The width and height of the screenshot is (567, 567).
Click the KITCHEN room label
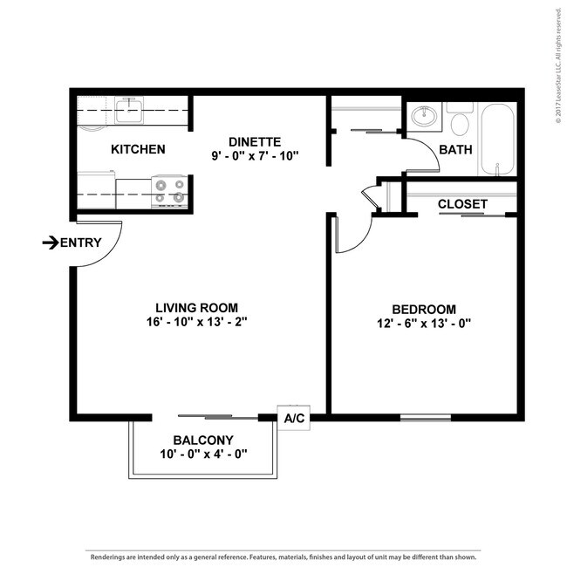[x=138, y=149]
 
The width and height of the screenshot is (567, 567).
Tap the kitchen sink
[x=128, y=110]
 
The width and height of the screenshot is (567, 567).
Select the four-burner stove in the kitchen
[x=169, y=192]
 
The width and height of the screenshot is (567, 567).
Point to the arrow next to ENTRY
[x=51, y=243]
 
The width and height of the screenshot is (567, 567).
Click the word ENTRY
[x=81, y=243]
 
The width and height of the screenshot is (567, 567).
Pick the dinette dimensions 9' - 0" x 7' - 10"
[x=255, y=156]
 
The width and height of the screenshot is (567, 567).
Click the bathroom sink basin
[x=424, y=116]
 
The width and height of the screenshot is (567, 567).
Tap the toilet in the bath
[x=460, y=118]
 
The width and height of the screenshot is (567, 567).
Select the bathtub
[x=498, y=140]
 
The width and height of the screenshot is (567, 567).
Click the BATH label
[x=455, y=150]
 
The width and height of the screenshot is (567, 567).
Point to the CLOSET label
[x=462, y=204]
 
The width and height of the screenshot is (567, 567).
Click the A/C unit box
[x=294, y=418]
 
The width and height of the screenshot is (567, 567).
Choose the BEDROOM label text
[x=424, y=310]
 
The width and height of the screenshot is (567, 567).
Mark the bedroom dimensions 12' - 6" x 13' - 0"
[x=424, y=324]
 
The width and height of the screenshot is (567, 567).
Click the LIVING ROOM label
[x=197, y=308]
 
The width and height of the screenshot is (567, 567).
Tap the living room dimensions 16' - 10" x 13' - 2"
[x=197, y=322]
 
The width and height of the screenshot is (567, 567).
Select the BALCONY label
[x=203, y=441]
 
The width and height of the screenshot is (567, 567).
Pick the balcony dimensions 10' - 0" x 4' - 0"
[x=203, y=454]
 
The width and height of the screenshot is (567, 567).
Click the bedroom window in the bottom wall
[x=426, y=418]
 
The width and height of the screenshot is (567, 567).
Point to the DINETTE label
[x=255, y=142]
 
